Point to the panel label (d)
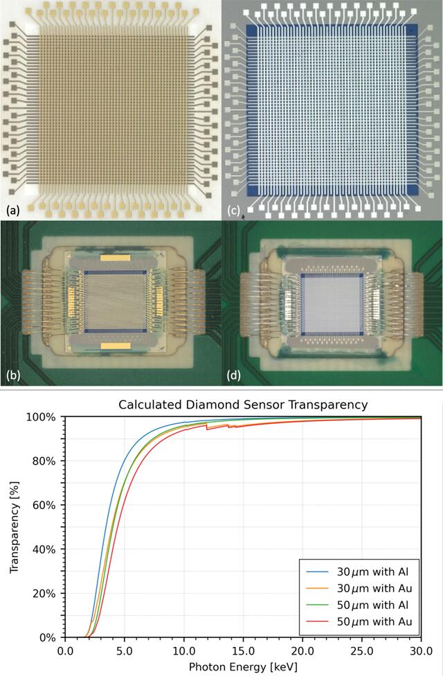234,375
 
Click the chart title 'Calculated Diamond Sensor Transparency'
243,404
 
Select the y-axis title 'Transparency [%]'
15,527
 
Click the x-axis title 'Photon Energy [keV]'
243,667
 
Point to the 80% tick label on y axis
45,461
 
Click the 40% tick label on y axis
45,549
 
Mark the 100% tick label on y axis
42,417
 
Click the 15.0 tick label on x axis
243,650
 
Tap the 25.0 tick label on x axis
362,650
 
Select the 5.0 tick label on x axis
125,650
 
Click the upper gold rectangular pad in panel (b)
115,258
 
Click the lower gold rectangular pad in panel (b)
115,346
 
